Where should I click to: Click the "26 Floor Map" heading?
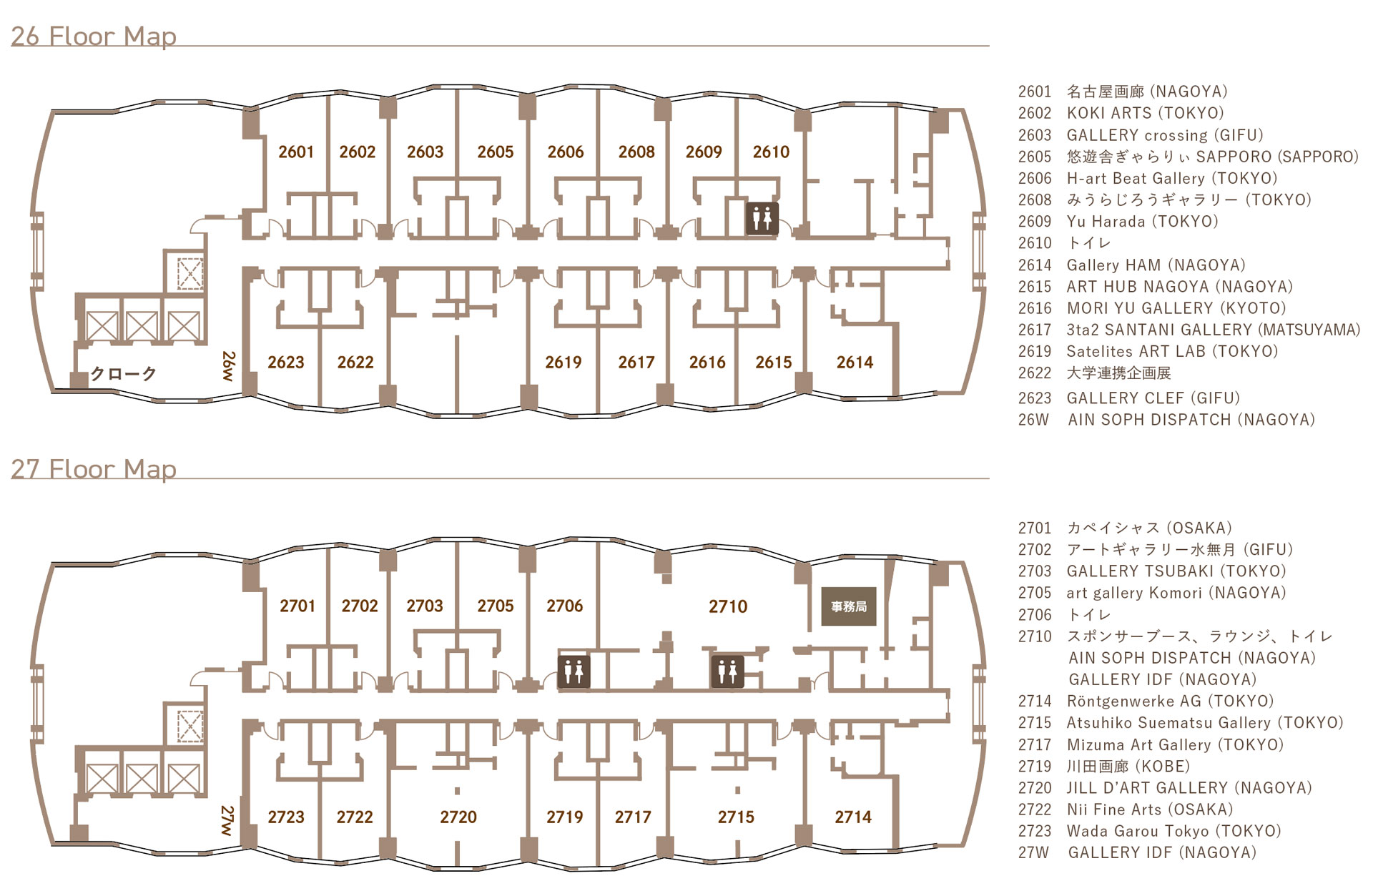[x=94, y=36]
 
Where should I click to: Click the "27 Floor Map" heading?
[x=94, y=469]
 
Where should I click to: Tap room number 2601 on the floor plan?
[x=296, y=152]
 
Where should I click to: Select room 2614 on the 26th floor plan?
[x=855, y=363]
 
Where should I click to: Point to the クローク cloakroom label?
[x=123, y=373]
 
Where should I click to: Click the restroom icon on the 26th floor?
[x=762, y=218]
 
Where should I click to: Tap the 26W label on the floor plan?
[x=228, y=365]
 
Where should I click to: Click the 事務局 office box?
[x=849, y=606]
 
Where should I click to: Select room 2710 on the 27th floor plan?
[x=728, y=606]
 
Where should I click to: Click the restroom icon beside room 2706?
[x=574, y=671]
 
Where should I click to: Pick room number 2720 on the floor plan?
[x=458, y=817]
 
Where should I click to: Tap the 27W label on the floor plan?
[x=227, y=820]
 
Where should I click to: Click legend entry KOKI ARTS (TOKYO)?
[x=1145, y=113]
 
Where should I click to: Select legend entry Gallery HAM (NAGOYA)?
[x=1156, y=265]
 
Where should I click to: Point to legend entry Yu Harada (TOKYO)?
[x=1142, y=222]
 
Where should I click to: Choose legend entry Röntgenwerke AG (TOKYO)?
[x=1170, y=702]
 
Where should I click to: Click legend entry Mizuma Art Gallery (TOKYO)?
[x=1175, y=745]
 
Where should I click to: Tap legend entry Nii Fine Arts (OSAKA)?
[x=1150, y=809]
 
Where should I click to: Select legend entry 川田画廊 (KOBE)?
[x=1128, y=767]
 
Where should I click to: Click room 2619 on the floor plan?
[x=564, y=363]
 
